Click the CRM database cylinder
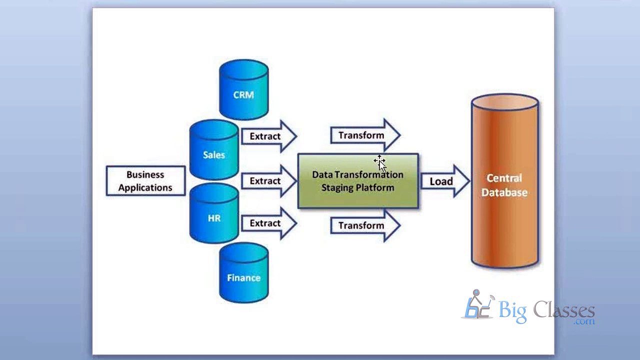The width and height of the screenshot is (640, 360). point(243,90)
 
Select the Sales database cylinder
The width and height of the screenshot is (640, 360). point(213,150)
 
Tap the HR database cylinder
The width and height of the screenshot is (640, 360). point(213,213)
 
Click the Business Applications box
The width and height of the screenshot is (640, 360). point(145,181)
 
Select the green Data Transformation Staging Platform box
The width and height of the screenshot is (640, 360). point(358,181)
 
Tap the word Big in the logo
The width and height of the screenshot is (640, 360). point(512,311)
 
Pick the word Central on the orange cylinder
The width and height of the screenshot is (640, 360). point(504,178)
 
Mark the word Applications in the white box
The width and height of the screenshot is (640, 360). point(145,188)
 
